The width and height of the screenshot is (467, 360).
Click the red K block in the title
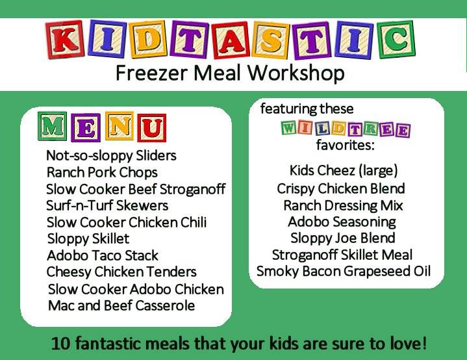tap(65, 39)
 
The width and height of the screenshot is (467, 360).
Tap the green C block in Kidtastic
tap(396, 39)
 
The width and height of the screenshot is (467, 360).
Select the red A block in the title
tap(231, 40)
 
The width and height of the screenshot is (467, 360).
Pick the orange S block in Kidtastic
tap(270, 40)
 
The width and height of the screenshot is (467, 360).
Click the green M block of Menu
tap(53, 126)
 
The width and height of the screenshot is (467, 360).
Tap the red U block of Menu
tap(152, 128)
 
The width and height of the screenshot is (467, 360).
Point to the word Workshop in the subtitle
tap(296, 73)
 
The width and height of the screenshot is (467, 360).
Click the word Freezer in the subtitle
tap(151, 73)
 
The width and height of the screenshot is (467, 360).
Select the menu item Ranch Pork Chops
tap(102, 173)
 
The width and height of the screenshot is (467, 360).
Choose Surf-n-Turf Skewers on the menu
tap(107, 205)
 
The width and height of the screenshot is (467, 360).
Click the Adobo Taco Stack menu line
tap(103, 255)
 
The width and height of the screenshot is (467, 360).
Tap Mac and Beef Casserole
tap(121, 305)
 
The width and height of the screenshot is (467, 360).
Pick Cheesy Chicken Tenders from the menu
tap(121, 272)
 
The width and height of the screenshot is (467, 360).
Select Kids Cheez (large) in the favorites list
tap(344, 171)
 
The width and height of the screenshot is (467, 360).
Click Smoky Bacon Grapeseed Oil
tap(344, 272)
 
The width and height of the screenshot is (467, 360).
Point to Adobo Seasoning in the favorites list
tap(342, 222)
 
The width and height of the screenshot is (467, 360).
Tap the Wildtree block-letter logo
tap(346, 129)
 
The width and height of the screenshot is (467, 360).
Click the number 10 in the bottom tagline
tap(61, 344)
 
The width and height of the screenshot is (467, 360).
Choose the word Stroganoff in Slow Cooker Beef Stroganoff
tap(192, 189)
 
